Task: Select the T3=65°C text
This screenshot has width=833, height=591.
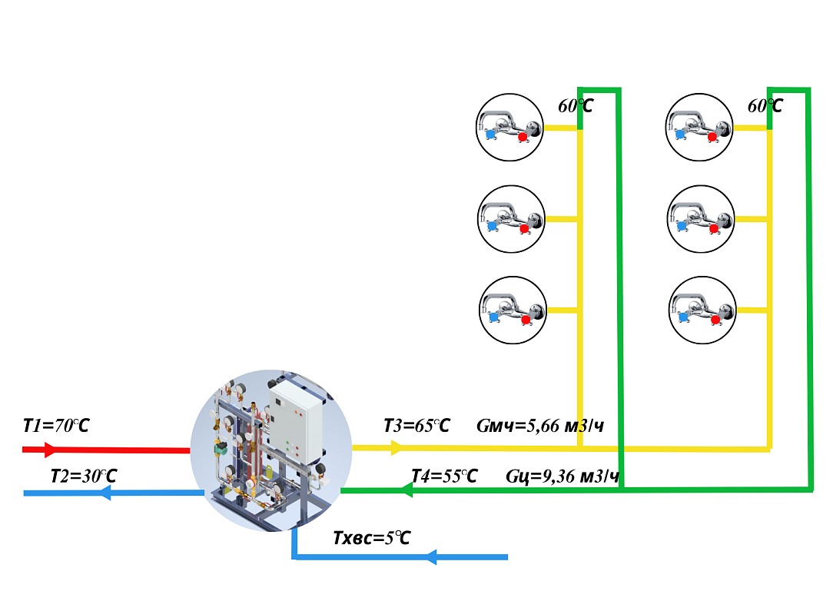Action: [416, 425]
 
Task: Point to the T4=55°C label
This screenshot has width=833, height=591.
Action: [444, 476]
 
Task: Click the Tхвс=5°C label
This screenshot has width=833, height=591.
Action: [371, 538]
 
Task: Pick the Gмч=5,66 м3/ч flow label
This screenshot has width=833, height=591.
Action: [539, 425]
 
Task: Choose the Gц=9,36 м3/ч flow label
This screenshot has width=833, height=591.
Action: [563, 476]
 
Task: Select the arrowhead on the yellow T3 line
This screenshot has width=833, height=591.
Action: [397, 447]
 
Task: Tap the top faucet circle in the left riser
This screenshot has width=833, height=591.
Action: [510, 128]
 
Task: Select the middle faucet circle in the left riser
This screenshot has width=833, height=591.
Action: [510, 219]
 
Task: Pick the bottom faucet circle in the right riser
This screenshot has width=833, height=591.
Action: [702, 310]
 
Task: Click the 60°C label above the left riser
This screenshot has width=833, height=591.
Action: [576, 105]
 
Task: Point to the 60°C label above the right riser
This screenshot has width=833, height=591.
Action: [765, 105]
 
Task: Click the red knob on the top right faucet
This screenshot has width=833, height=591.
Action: [712, 138]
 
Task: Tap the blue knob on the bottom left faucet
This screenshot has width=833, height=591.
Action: [493, 317]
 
